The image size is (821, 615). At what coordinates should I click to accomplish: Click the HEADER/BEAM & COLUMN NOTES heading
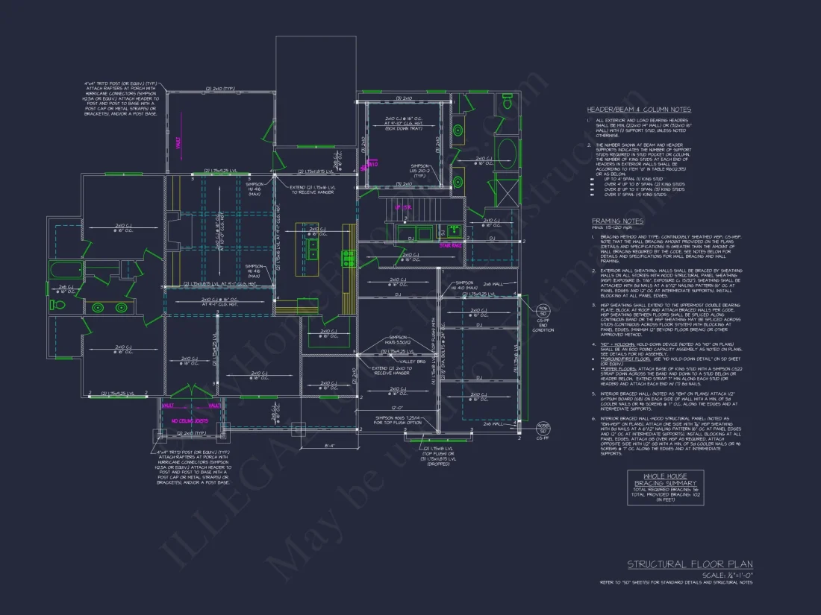point(639,110)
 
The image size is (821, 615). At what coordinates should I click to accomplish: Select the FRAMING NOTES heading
point(617,221)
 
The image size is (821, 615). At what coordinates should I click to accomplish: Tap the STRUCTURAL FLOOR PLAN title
point(690,565)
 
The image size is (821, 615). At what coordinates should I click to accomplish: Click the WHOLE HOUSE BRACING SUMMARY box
point(664,488)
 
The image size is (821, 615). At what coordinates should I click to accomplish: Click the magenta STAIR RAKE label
point(451,244)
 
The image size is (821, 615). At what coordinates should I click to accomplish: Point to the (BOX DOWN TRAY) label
point(403,129)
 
